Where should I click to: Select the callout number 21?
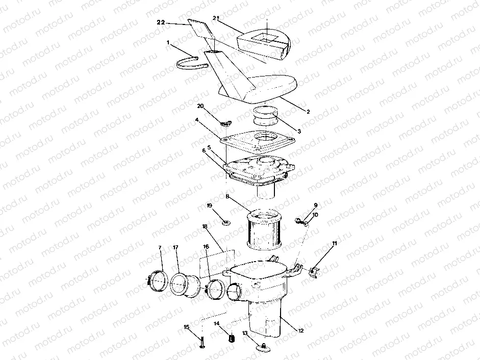click(x=216, y=18)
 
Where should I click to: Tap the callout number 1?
click(x=168, y=43)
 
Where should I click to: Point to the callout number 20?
click(x=200, y=106)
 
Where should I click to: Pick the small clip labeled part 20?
click(x=225, y=122)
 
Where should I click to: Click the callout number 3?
click(x=299, y=131)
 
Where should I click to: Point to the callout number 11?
click(x=335, y=244)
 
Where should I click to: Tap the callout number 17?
click(x=175, y=248)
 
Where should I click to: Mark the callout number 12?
click(x=300, y=331)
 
